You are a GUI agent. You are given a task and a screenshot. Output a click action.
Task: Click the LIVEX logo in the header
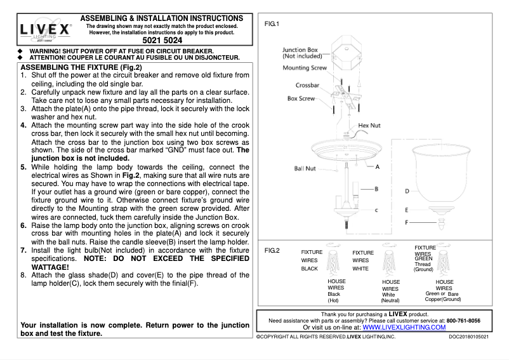click(45, 30)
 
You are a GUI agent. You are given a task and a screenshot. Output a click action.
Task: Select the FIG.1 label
click(272, 23)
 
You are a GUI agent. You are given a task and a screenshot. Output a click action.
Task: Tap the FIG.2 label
click(272, 251)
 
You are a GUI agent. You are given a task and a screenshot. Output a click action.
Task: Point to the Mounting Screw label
click(305, 67)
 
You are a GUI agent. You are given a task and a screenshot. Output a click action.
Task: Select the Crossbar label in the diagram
click(307, 85)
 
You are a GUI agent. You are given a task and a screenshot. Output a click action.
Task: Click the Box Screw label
click(301, 99)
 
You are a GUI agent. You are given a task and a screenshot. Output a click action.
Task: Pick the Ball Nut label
click(305, 170)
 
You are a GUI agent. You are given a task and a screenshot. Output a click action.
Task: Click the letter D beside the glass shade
click(407, 190)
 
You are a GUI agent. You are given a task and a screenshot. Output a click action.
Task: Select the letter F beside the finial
click(407, 223)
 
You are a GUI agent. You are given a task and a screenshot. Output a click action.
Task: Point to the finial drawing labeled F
click(442, 223)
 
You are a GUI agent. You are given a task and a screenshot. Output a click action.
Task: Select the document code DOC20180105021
click(469, 336)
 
